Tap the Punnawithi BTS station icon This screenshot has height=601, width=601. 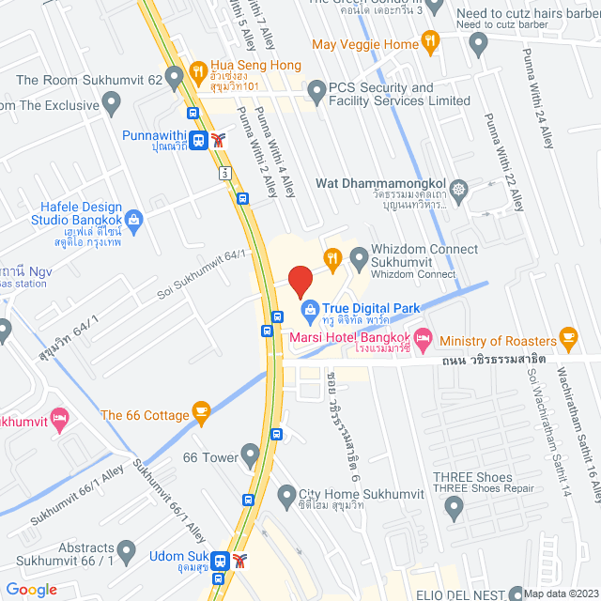coord(197,141)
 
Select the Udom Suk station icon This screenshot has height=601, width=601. coord(219,561)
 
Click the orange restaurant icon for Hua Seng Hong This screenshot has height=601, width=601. coord(197,69)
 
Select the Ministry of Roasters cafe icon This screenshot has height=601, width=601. coord(567,336)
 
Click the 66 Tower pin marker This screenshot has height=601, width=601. coord(250,456)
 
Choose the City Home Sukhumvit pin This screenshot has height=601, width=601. coord(285,493)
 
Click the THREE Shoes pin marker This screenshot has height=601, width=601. coord(455,508)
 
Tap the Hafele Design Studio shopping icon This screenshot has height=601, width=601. coord(133,221)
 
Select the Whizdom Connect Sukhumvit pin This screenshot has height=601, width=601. coord(359,255)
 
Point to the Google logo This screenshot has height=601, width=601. coord(31,589)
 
